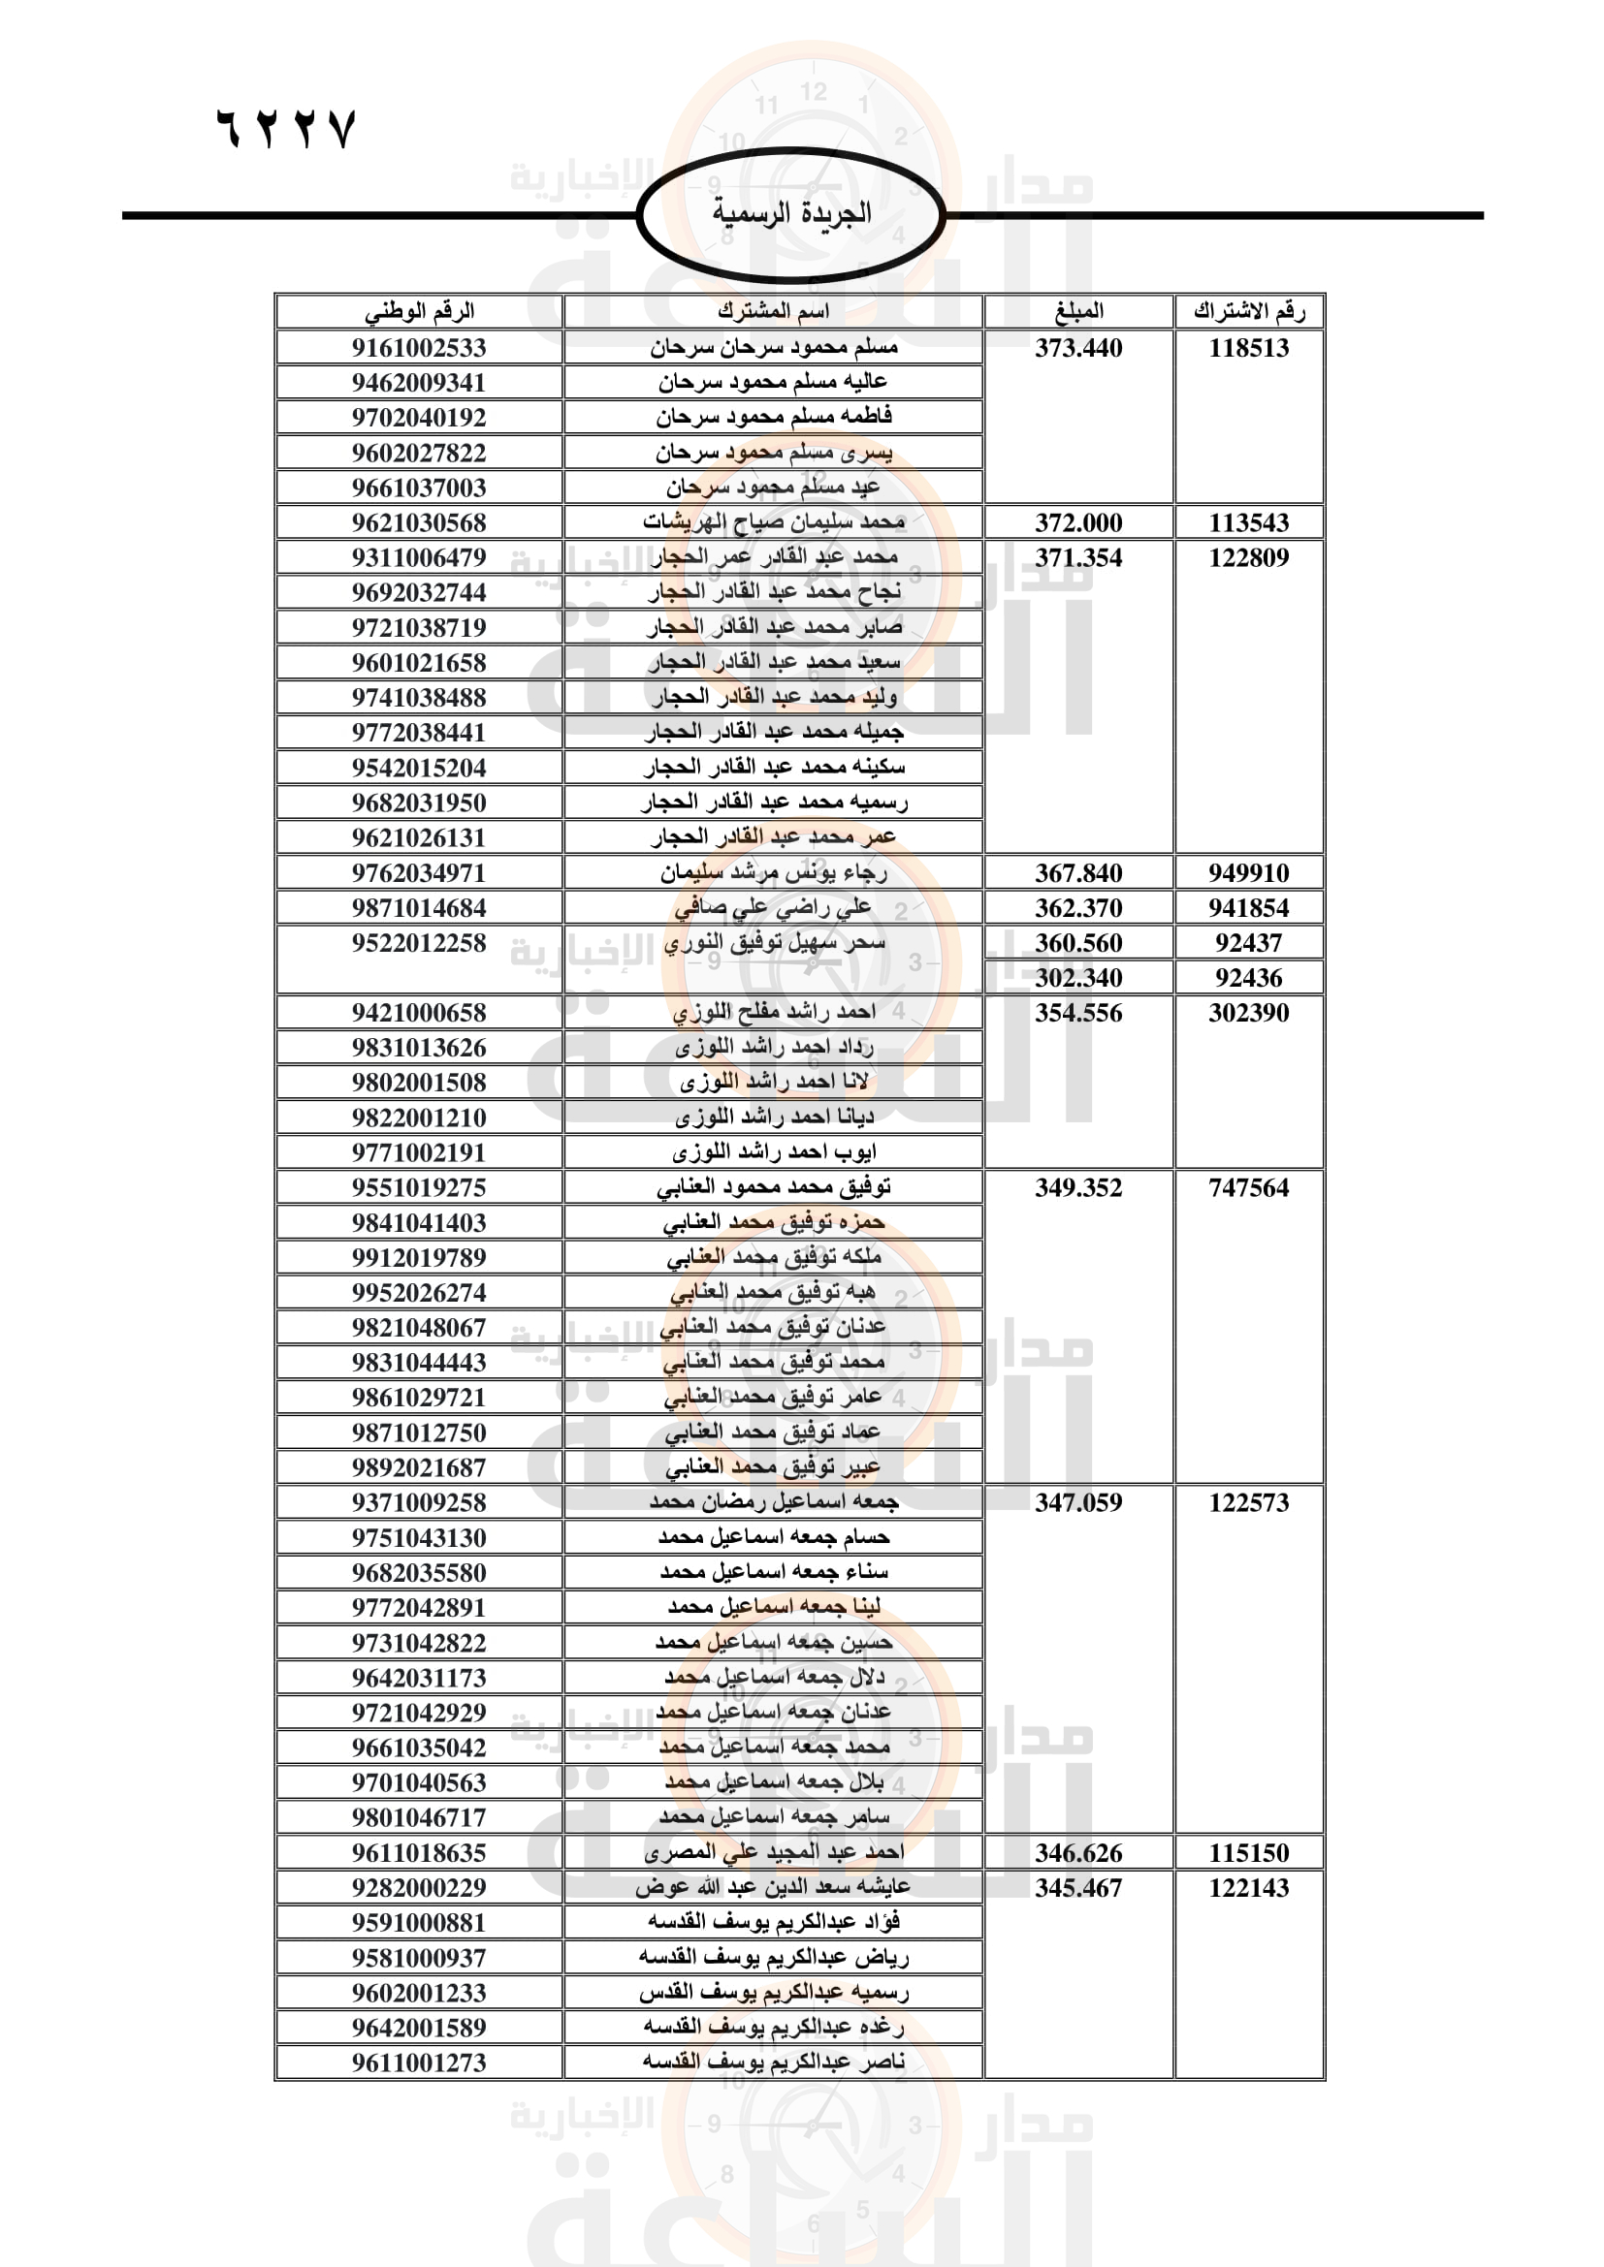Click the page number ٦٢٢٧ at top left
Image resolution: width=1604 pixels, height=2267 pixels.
(x=285, y=129)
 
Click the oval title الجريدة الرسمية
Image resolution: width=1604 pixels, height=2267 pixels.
(x=791, y=213)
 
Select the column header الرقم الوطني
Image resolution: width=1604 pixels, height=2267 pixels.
(x=419, y=311)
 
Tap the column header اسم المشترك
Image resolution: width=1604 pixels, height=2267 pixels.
(x=773, y=311)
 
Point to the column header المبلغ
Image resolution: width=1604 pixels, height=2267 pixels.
(x=1078, y=311)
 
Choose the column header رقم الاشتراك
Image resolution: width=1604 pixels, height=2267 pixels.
(x=1248, y=311)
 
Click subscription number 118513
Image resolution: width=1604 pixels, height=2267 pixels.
(x=1248, y=348)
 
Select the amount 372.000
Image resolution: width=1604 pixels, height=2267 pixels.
(x=1078, y=522)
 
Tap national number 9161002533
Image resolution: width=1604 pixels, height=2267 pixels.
(x=419, y=348)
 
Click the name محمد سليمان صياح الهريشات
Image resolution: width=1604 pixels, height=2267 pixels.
(x=773, y=521)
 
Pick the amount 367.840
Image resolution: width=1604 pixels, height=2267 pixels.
(x=1078, y=873)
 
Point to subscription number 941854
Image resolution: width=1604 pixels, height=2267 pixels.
(x=1248, y=907)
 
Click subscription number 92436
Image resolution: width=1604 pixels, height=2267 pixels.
(x=1248, y=978)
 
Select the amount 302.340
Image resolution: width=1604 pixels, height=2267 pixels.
(x=1078, y=978)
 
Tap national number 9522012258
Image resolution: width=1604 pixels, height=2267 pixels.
(x=419, y=943)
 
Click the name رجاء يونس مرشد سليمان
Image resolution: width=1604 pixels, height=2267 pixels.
(x=773, y=872)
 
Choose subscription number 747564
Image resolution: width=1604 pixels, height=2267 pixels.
(x=1248, y=1188)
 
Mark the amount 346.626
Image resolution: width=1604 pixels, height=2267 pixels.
(x=1078, y=1852)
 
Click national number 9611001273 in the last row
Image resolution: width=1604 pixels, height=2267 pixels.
(x=419, y=2062)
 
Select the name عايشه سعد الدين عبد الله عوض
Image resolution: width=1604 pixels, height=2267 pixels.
(x=773, y=1887)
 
